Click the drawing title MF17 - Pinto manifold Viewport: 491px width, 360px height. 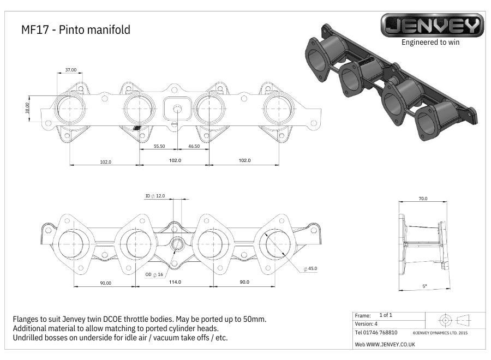point(75,30)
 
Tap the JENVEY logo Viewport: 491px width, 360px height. point(432,26)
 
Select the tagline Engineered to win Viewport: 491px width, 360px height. point(430,42)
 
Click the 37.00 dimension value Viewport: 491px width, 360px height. point(71,70)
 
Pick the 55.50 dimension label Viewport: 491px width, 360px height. point(159,147)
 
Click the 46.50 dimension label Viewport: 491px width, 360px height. point(194,147)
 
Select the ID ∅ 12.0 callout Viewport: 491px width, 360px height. point(155,196)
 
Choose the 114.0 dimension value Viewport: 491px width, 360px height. point(175,282)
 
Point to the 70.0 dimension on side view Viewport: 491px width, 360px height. point(423,199)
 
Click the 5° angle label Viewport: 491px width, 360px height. point(425,286)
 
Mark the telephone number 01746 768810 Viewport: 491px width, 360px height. point(376,332)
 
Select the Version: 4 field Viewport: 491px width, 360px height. point(366,323)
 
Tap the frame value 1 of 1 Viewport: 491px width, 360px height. point(386,315)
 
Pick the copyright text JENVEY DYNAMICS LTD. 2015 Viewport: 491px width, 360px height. point(440,332)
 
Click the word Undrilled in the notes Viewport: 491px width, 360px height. point(33,337)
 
